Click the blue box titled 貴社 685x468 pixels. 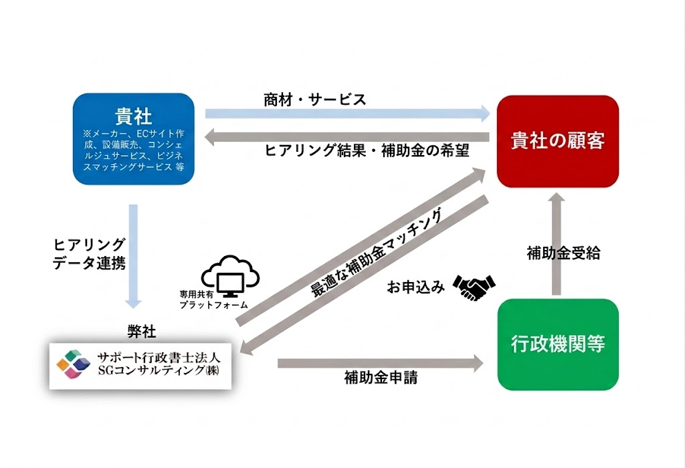coord(134,139)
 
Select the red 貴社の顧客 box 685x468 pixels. coord(558,142)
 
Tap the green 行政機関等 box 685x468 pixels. coord(558,344)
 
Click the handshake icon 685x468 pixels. coord(474,287)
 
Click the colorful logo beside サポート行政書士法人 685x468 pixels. coord(73,363)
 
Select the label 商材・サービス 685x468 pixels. coord(314,100)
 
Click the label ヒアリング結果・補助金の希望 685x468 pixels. coord(367,150)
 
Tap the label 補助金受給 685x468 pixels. coord(563,253)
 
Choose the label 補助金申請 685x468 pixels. coord(381,378)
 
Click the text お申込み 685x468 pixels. coord(416,287)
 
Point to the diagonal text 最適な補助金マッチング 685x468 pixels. coord(377,253)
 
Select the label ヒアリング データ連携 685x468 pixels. coord(89,253)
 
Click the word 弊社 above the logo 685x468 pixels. coord(142,332)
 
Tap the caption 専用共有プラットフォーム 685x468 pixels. coord(213,300)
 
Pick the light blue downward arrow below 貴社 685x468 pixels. coord(133,257)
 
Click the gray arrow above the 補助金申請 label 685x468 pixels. coord(381,363)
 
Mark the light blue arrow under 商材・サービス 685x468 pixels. coord(348,114)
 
